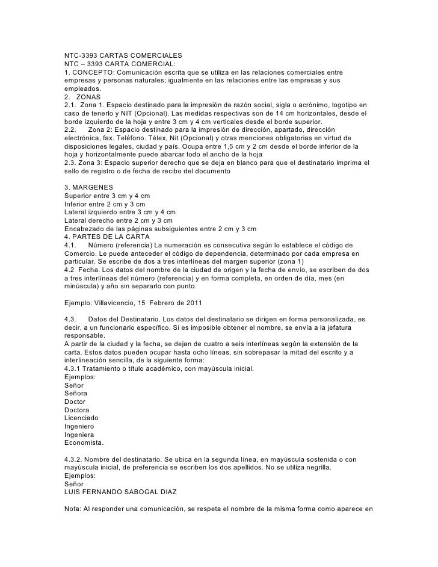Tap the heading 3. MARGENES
[x=88, y=188]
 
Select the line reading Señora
[x=76, y=393]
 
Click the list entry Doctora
[x=77, y=409]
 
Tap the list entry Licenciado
[x=81, y=418]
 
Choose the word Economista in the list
[x=84, y=442]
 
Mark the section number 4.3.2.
[x=75, y=459]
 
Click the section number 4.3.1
[x=75, y=368]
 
